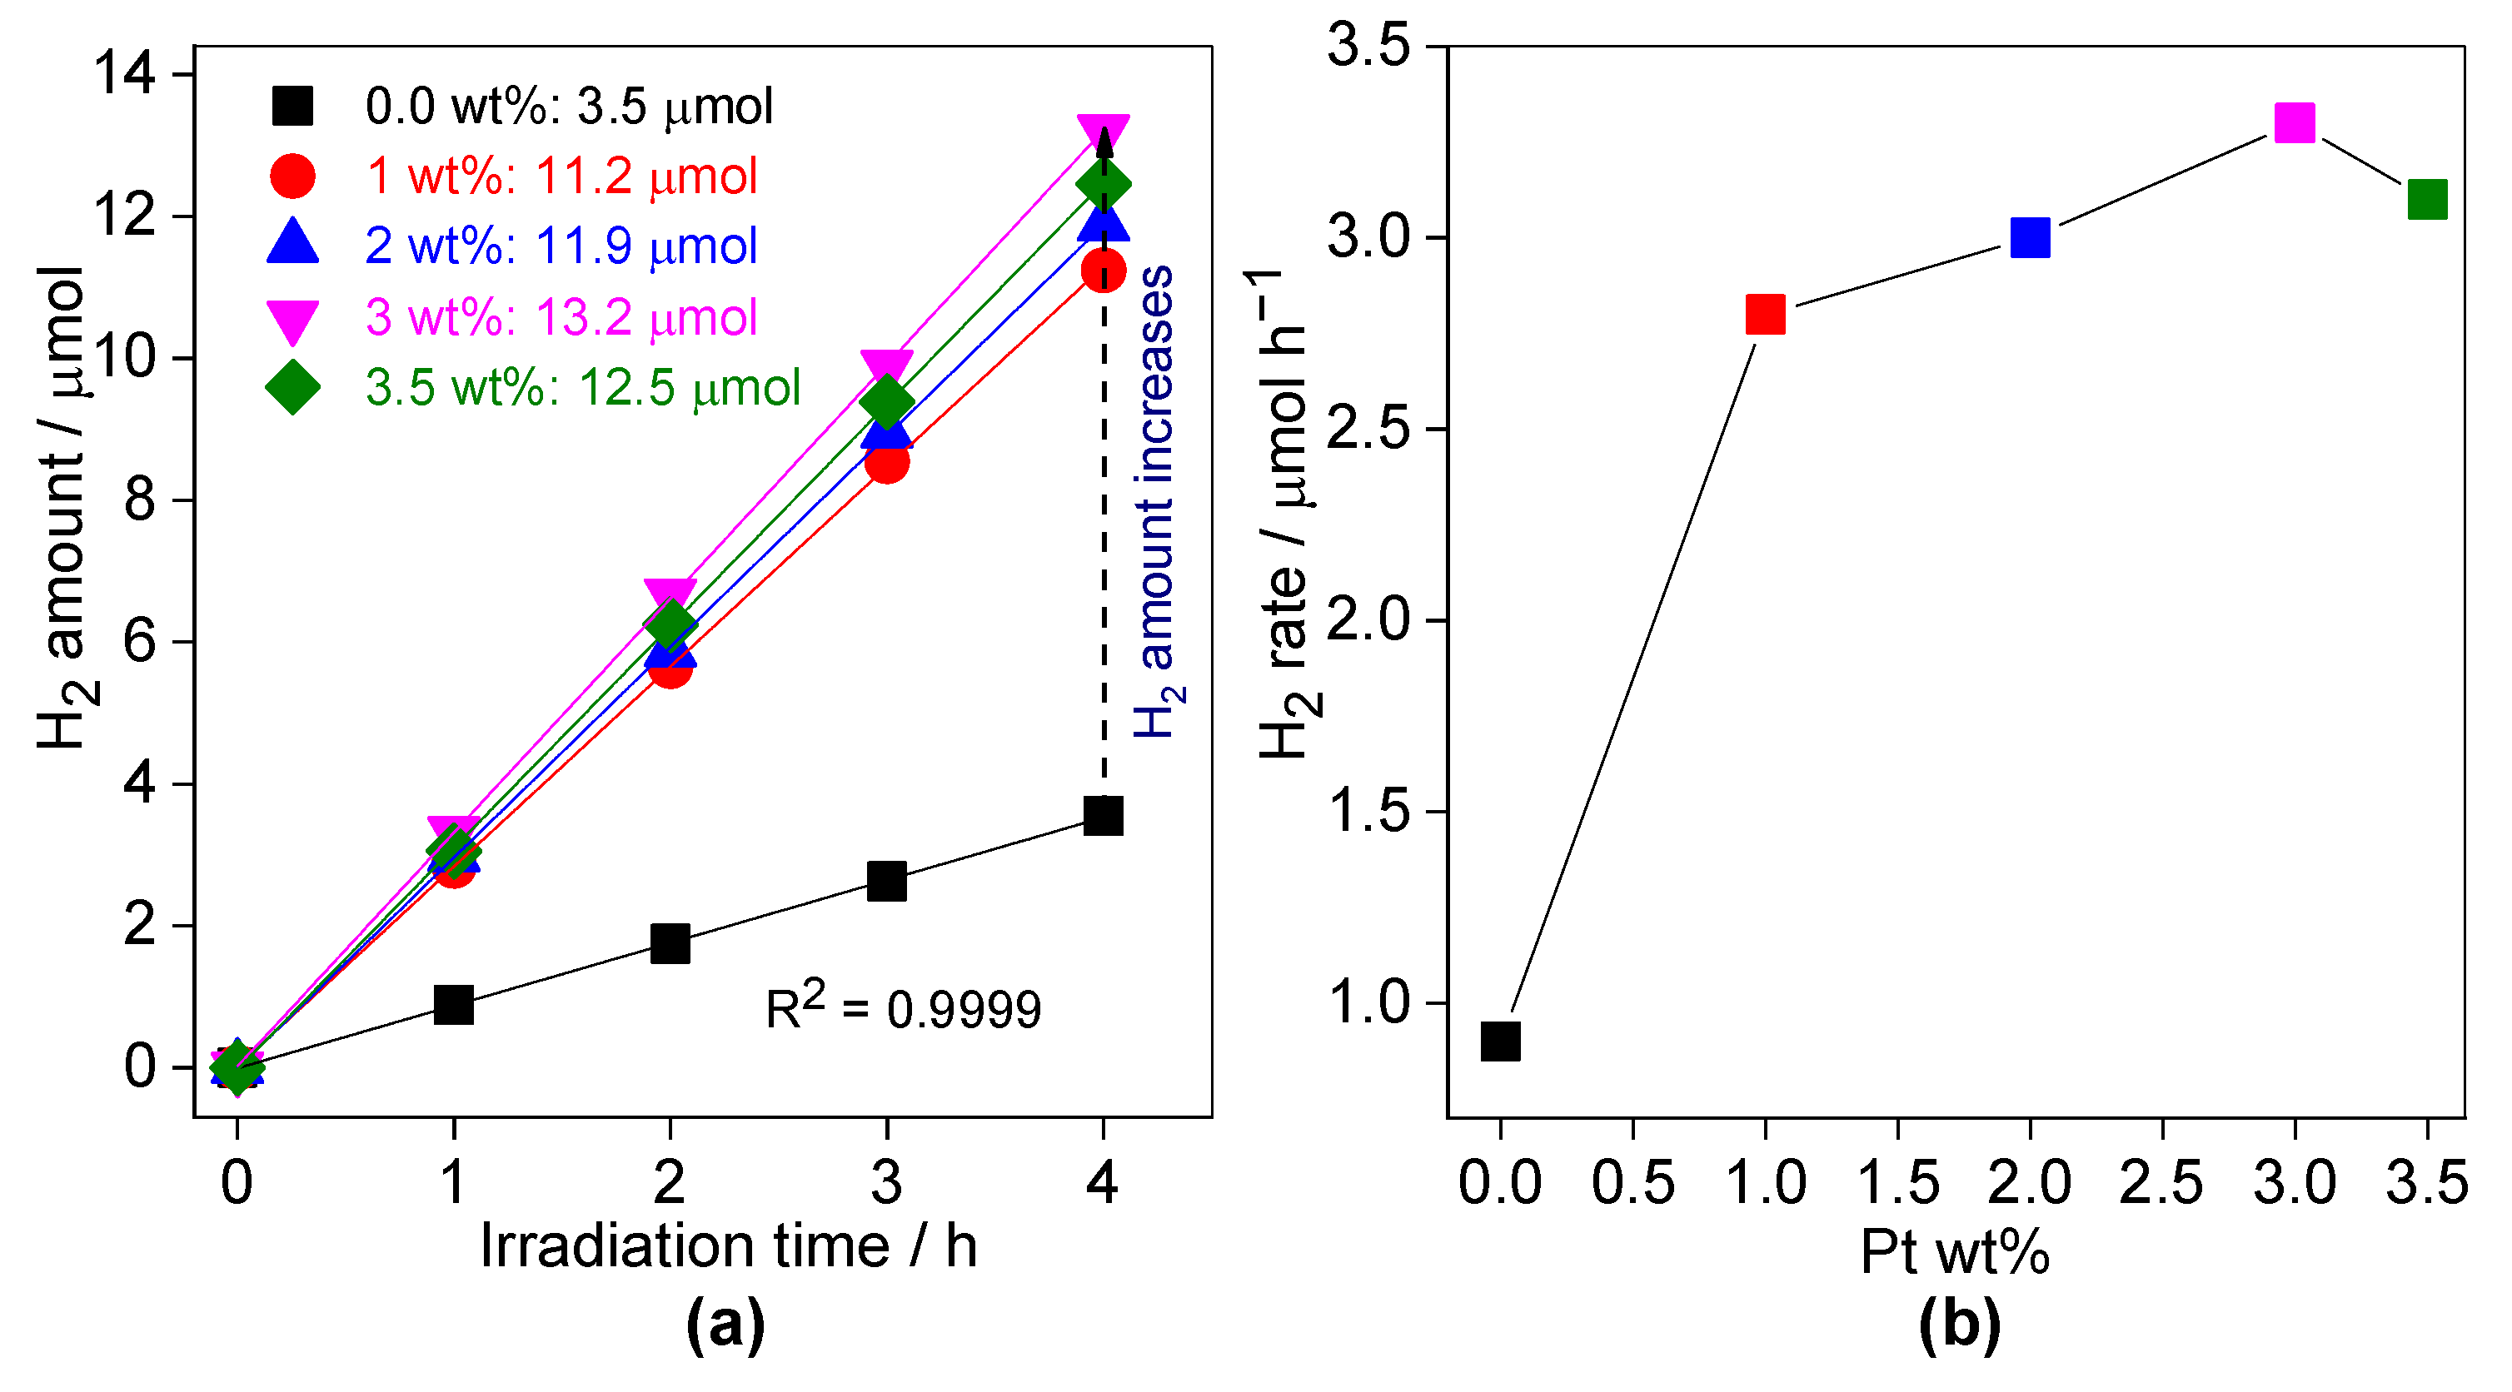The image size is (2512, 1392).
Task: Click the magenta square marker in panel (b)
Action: click(x=2294, y=123)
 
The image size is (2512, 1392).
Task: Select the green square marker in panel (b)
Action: click(x=2426, y=199)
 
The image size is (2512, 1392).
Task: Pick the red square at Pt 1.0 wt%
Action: click(x=1764, y=314)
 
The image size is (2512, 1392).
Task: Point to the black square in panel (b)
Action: click(x=1500, y=1041)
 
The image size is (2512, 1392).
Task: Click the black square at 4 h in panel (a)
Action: click(x=1103, y=815)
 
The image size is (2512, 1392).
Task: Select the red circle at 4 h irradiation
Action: click(x=1103, y=270)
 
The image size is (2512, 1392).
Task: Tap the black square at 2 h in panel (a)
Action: click(x=670, y=943)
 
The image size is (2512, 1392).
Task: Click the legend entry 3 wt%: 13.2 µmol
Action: click(x=561, y=318)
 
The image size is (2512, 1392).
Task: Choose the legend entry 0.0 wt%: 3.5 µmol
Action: click(x=569, y=105)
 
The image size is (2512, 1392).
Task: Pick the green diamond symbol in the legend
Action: click(x=292, y=387)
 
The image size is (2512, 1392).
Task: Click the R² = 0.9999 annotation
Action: click(x=902, y=1008)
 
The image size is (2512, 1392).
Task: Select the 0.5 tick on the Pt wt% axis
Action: click(x=1632, y=1182)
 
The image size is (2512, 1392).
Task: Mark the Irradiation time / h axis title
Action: click(x=727, y=1247)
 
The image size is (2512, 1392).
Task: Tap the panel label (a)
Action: click(x=725, y=1324)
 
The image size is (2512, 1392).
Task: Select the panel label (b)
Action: click(x=1959, y=1324)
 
